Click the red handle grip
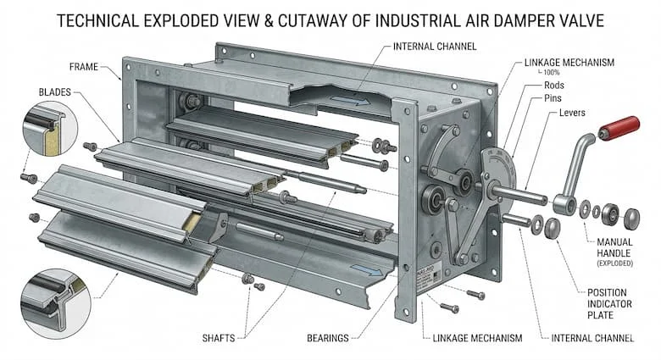pyautogui.click(x=619, y=128)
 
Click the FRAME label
pyautogui.click(x=83, y=67)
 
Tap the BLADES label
pyautogui.click(x=55, y=91)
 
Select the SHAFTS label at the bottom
pyautogui.click(x=219, y=338)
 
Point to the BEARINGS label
pyautogui.click(x=328, y=338)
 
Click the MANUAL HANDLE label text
pyautogui.click(x=614, y=247)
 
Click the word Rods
pyautogui.click(x=554, y=86)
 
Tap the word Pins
pyautogui.click(x=553, y=98)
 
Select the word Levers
pyautogui.click(x=572, y=113)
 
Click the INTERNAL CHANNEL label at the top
pyautogui.click(x=435, y=47)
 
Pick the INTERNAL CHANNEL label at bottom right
pyautogui.click(x=592, y=338)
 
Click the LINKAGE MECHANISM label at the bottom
pyautogui.click(x=477, y=338)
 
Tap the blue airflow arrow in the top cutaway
pyautogui.click(x=348, y=101)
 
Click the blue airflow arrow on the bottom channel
pyautogui.click(x=367, y=270)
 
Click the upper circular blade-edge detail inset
pyautogui.click(x=50, y=129)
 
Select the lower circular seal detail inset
pyautogui.click(x=56, y=303)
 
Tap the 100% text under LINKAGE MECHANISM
pyautogui.click(x=551, y=73)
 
